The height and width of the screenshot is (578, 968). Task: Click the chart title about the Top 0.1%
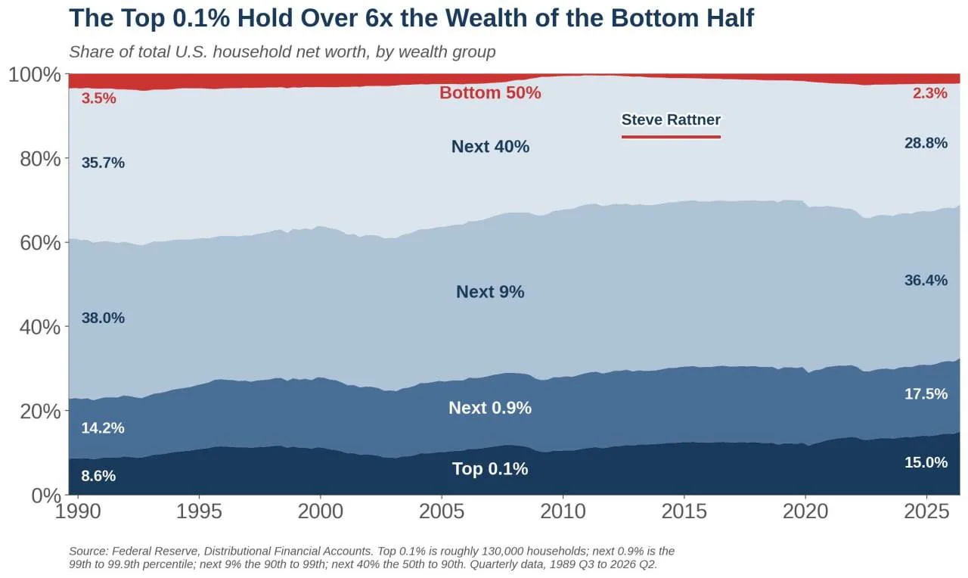[x=411, y=18]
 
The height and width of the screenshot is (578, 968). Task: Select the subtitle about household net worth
[x=282, y=52]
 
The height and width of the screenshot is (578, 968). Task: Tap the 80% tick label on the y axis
[x=40, y=159]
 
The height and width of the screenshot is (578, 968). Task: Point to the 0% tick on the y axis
[x=46, y=496]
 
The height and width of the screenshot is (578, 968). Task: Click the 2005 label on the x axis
[x=442, y=512]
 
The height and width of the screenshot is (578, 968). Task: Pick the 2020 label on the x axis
[x=805, y=512]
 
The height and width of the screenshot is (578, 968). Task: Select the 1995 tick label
[x=199, y=512]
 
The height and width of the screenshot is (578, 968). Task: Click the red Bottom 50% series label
[x=490, y=93]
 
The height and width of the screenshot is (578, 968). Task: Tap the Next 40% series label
[x=490, y=147]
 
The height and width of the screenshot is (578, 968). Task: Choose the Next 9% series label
[x=490, y=292]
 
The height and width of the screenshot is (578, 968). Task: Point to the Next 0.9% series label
[x=490, y=408]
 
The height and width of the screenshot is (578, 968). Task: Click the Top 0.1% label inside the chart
[x=490, y=468]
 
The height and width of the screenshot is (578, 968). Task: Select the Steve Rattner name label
[x=671, y=120]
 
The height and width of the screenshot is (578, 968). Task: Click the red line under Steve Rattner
[x=671, y=137]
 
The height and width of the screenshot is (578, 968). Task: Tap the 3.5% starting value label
[x=98, y=98]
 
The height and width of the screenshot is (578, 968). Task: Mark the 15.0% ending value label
[x=926, y=462]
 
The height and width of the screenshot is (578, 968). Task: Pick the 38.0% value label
[x=103, y=318]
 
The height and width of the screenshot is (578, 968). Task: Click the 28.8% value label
[x=926, y=143]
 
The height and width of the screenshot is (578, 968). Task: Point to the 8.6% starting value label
[x=98, y=476]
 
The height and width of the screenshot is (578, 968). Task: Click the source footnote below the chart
[x=371, y=558]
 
